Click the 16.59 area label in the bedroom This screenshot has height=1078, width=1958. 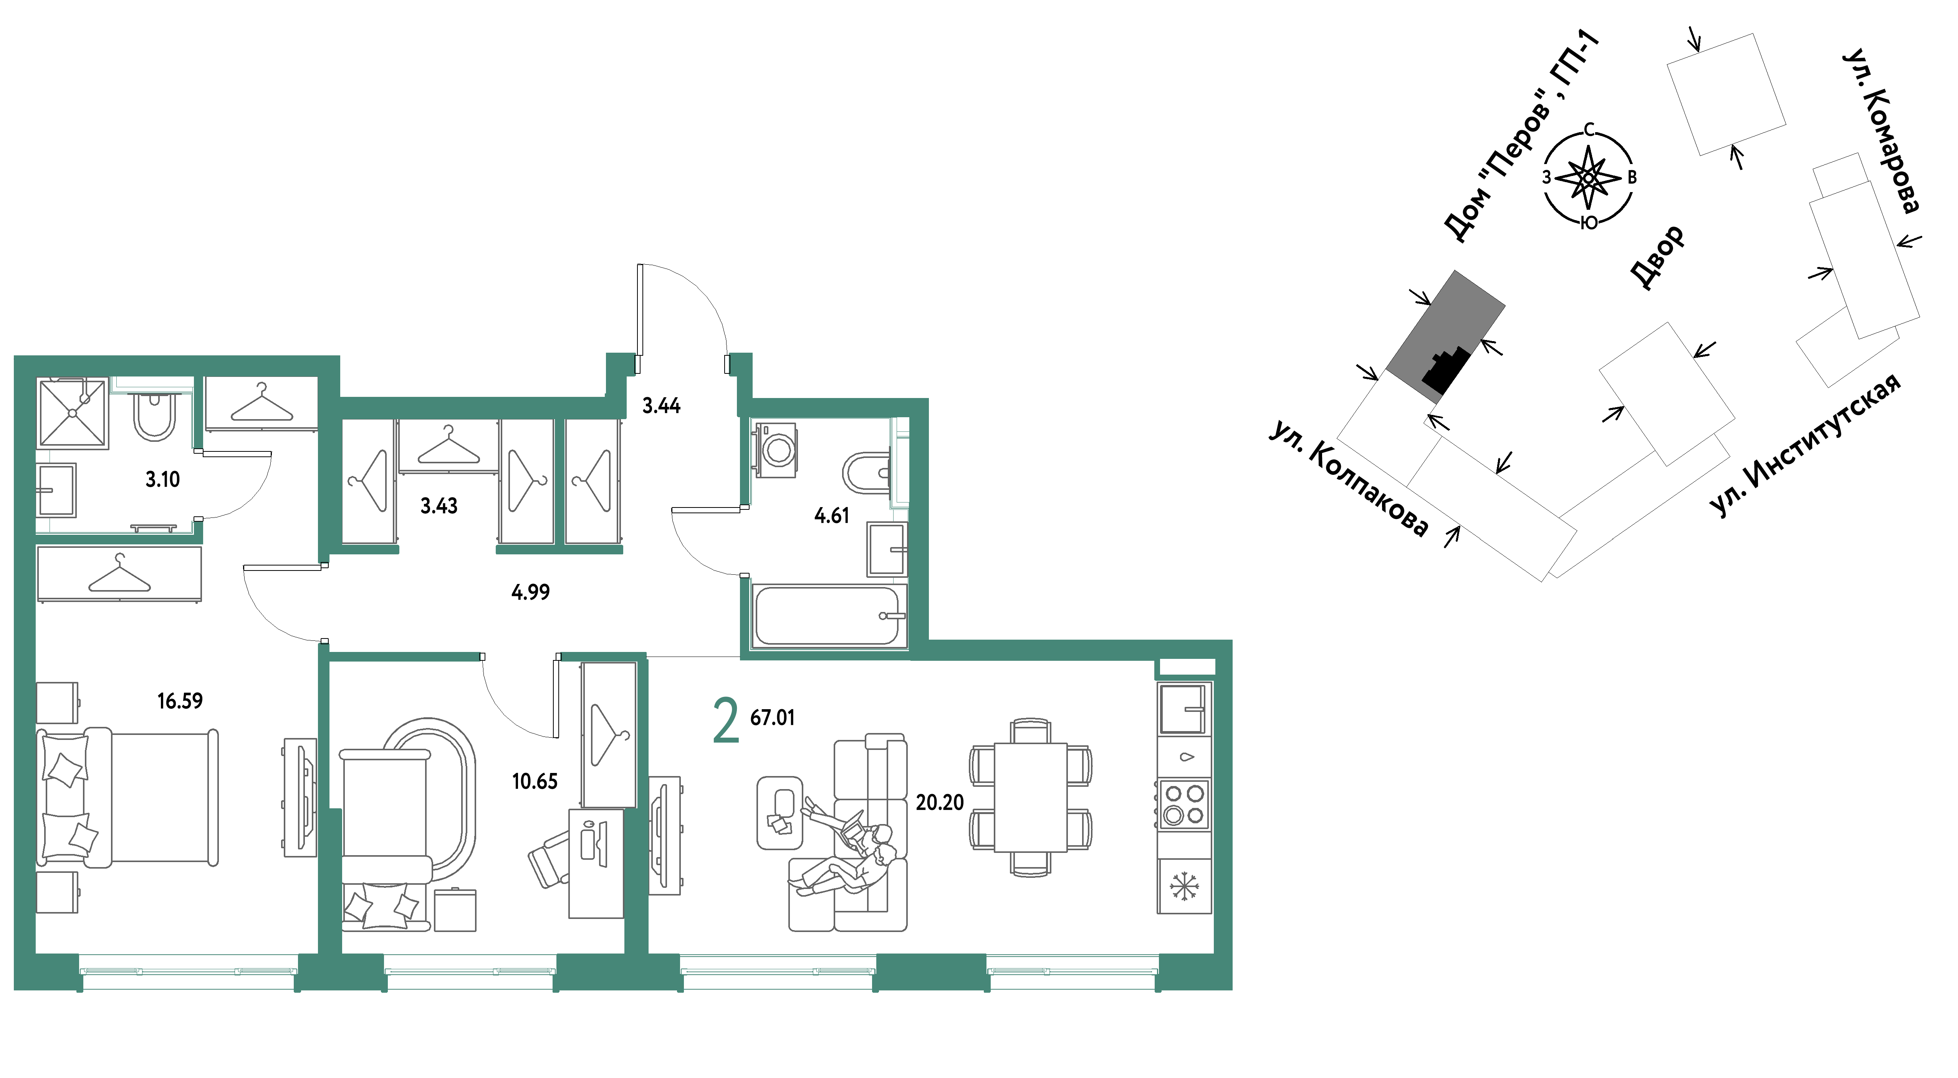(x=180, y=701)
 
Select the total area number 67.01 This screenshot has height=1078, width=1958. (x=772, y=718)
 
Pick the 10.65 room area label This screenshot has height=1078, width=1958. (x=535, y=781)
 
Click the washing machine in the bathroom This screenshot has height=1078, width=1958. (x=775, y=450)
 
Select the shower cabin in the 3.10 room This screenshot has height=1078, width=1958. (x=73, y=413)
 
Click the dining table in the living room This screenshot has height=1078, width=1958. (x=1031, y=798)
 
